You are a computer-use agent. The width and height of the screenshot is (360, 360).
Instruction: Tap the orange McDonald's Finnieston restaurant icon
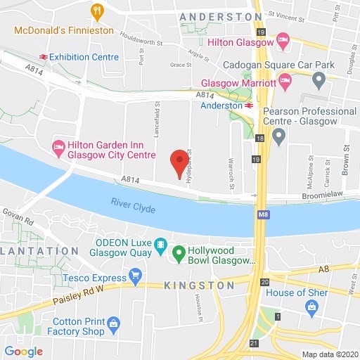97,11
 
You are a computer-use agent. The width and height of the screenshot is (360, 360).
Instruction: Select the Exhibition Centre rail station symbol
43,56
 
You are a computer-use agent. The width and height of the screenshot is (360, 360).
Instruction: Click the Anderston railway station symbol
249,105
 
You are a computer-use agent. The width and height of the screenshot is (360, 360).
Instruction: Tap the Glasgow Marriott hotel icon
285,82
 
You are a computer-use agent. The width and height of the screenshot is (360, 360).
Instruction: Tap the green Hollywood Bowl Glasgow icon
179,252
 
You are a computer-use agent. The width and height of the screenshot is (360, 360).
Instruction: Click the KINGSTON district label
200,285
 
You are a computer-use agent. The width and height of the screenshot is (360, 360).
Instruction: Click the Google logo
23,351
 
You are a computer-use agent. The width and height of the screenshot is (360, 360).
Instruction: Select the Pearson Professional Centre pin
279,135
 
